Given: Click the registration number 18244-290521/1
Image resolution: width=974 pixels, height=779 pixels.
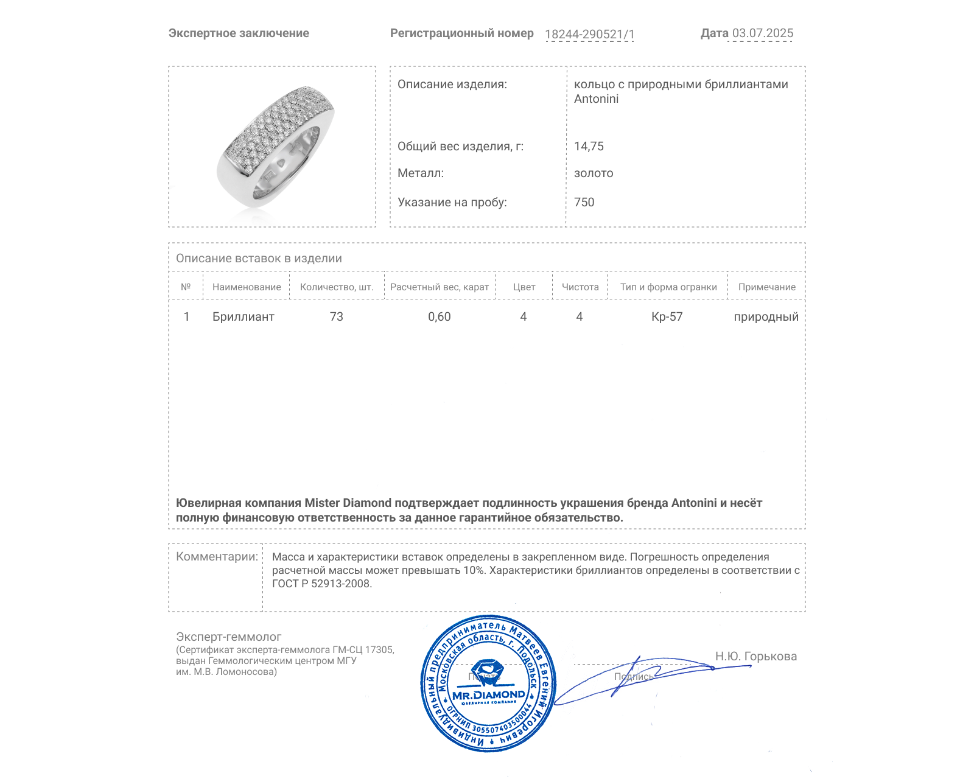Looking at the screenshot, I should pos(589,35).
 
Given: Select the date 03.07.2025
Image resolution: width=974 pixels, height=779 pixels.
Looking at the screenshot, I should pos(762,33).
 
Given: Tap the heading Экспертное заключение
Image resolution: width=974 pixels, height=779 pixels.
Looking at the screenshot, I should pos(239,33).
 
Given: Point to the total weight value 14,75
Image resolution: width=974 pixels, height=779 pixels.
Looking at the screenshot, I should pos(589,147).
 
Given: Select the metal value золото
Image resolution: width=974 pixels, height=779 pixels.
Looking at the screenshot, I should pos(594,173).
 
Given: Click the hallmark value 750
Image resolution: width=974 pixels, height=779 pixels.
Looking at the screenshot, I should pos(584,203).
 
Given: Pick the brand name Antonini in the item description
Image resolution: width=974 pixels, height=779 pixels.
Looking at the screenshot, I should pos(596,99).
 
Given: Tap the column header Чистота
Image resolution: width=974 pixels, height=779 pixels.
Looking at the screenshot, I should pos(580,287).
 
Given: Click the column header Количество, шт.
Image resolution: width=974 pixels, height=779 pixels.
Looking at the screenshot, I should pos(336,287).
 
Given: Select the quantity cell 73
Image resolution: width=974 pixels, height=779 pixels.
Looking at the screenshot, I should pos(336,317).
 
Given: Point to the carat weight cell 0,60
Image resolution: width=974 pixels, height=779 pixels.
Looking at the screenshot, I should pos(439,317).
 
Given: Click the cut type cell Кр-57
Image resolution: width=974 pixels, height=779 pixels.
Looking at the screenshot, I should pos(667,317).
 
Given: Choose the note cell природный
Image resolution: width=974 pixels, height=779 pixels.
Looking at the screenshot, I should pos(766,317).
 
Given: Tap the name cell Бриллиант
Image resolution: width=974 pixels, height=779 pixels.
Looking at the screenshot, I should pos(243,317).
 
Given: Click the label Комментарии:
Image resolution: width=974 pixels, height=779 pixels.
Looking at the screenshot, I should pos(217,557).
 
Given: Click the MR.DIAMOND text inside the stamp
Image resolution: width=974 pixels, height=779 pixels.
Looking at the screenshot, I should pos(488,695).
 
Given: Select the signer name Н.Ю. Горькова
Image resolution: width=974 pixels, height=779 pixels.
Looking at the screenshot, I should pos(755,657).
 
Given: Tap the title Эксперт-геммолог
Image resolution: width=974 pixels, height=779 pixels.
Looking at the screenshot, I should pos(228,637).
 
